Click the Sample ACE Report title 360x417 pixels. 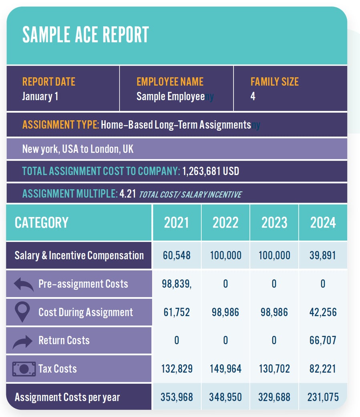click(x=85, y=34)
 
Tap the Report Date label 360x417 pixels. click(x=49, y=82)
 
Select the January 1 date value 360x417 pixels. click(x=40, y=96)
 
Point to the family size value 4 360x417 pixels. click(x=253, y=96)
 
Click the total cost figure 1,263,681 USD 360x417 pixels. click(x=211, y=171)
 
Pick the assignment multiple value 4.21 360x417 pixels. click(x=128, y=193)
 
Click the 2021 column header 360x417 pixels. click(x=176, y=223)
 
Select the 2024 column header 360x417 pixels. click(x=323, y=223)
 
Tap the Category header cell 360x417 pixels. click(x=42, y=223)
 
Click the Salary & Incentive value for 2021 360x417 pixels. click(x=177, y=255)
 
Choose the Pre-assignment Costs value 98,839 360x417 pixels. click(x=177, y=284)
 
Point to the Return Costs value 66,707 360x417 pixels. click(x=323, y=340)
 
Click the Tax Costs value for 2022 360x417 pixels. click(x=225, y=369)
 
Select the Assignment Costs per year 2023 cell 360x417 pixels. click(x=274, y=397)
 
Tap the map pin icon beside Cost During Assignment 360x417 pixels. click(x=22, y=312)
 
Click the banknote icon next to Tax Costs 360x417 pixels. click(x=24, y=369)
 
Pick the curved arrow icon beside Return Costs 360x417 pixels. click(x=22, y=341)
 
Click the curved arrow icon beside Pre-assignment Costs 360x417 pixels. click(x=24, y=284)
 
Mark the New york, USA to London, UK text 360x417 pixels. click(x=78, y=149)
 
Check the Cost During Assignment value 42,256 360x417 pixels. click(x=323, y=312)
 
